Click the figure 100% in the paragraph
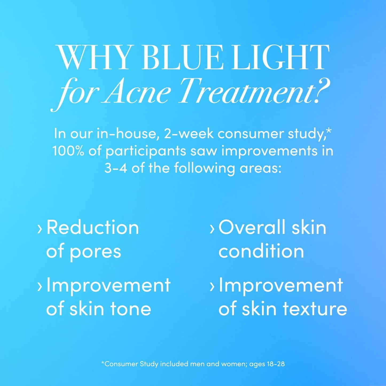coord(68,151)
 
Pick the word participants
coord(146,151)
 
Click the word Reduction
coord(93,228)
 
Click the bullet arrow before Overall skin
coord(212,229)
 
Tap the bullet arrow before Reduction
coord(40,229)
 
